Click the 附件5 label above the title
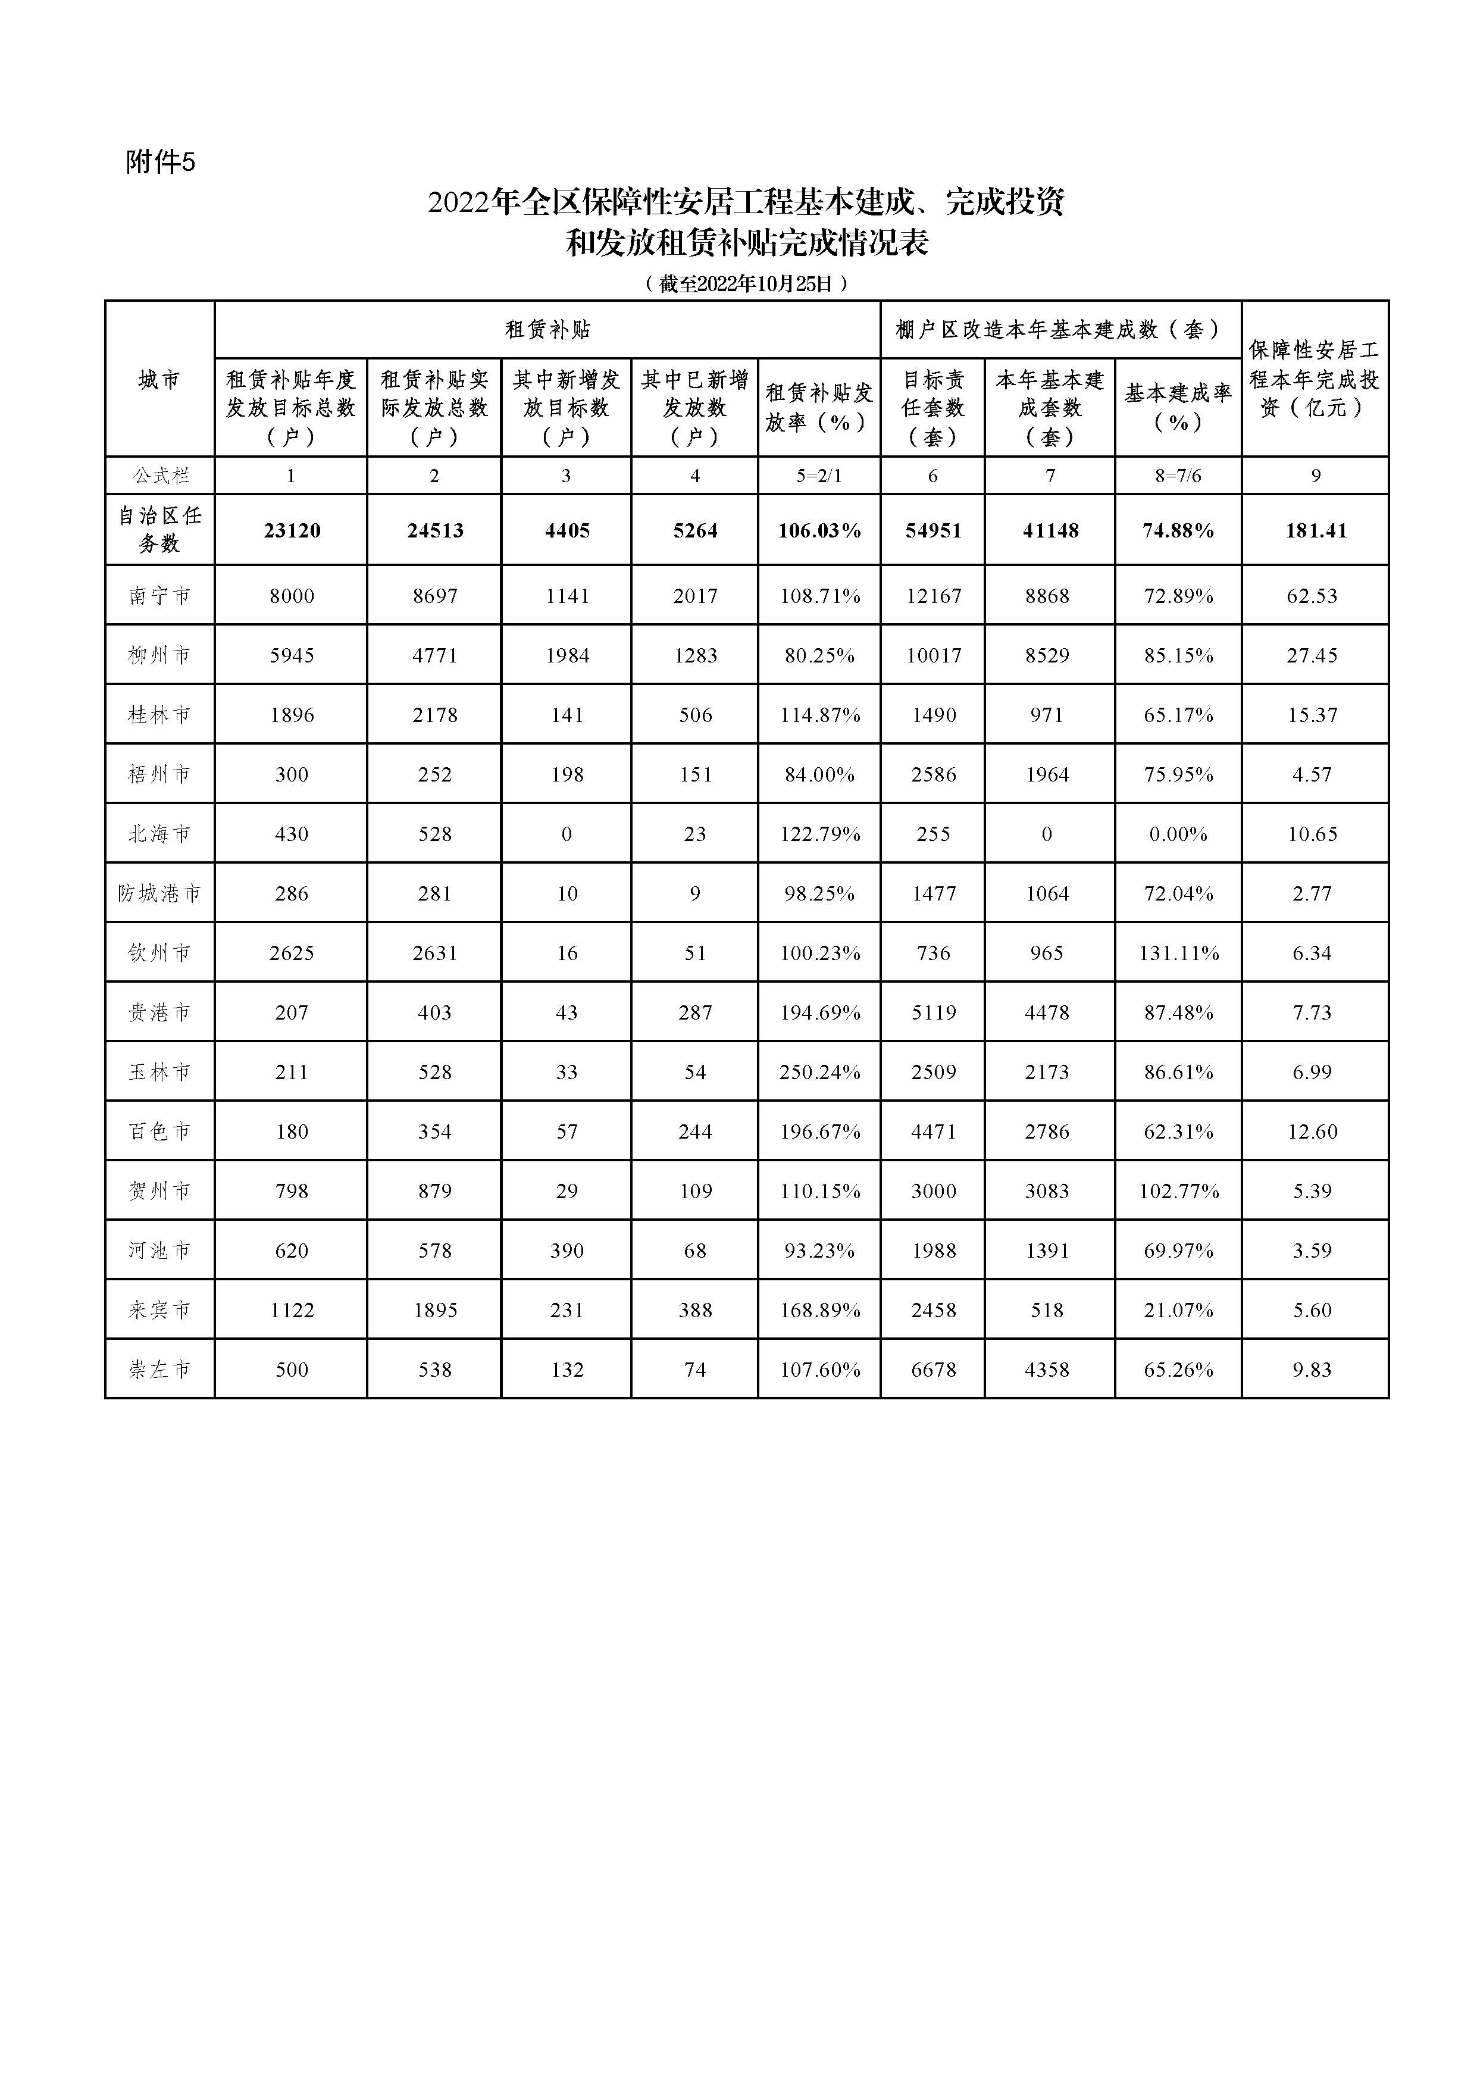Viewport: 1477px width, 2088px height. [161, 162]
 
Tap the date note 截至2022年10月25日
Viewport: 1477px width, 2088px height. [746, 284]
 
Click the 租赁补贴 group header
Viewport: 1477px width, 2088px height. [547, 329]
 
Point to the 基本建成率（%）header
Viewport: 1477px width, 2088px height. [1178, 407]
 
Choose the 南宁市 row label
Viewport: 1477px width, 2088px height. [159, 596]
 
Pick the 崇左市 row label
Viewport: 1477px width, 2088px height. [159, 1370]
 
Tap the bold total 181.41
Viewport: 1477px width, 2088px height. [1315, 531]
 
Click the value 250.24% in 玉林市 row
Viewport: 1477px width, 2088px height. [819, 1072]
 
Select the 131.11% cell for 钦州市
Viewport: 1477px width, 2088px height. [1178, 953]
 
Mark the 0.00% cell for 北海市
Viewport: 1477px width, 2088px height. [1178, 834]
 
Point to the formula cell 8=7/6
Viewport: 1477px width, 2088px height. [1178, 476]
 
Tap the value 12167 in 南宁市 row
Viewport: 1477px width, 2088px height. [933, 596]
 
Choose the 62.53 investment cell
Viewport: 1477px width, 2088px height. [1312, 596]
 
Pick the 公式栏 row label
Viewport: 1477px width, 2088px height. [159, 476]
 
